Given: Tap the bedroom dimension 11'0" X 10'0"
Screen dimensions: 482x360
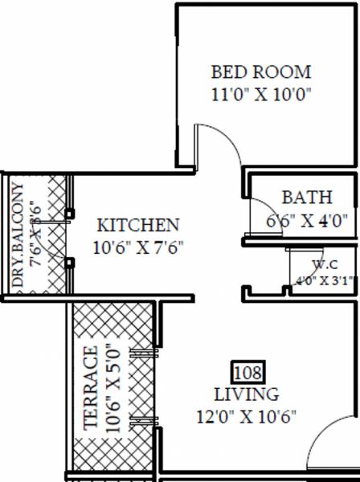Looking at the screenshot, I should click(260, 93).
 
